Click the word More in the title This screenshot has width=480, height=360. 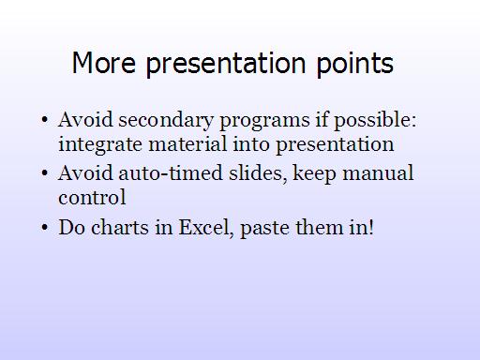point(104,63)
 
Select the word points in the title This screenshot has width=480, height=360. point(355,65)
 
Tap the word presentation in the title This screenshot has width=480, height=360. point(226,65)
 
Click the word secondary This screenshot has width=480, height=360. point(166,120)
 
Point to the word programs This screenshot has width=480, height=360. point(264,121)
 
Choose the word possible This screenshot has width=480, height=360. point(375,120)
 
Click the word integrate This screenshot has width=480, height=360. point(100,145)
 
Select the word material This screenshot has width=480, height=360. point(187,144)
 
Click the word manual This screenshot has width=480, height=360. point(378,173)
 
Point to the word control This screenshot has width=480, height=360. point(92,198)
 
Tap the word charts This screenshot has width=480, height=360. point(120,227)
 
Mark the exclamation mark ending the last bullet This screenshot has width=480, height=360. point(371,227)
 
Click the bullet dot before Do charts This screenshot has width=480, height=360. point(45,227)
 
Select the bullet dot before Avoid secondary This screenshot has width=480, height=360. point(45,120)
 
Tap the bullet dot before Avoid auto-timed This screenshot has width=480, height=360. point(45,173)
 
